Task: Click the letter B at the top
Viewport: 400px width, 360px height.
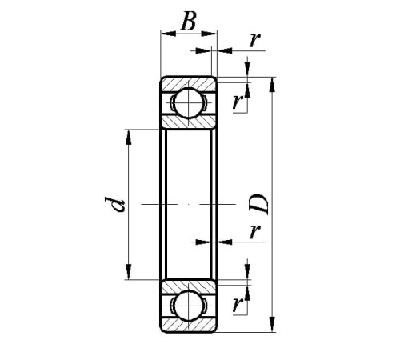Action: (x=189, y=21)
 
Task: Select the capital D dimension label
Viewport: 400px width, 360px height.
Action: (x=258, y=204)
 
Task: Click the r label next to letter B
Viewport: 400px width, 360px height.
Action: (x=254, y=40)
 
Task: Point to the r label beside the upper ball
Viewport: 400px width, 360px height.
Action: (x=238, y=102)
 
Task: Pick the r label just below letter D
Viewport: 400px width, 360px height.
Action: (x=255, y=231)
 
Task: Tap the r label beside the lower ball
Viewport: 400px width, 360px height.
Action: (x=238, y=305)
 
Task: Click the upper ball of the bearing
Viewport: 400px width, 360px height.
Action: (x=189, y=102)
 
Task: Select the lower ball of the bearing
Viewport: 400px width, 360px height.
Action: (x=189, y=306)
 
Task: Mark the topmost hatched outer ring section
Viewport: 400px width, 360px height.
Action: (x=189, y=83)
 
